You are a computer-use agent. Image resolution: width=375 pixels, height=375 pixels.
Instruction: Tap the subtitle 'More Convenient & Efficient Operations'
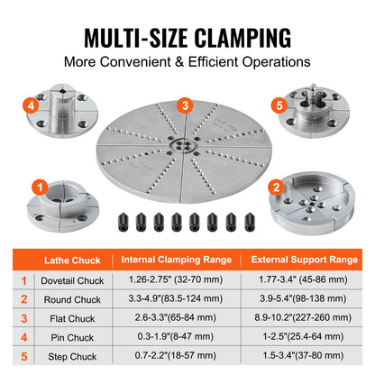(x=187, y=64)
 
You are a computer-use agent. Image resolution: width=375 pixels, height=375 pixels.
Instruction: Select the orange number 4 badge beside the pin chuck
(x=32, y=105)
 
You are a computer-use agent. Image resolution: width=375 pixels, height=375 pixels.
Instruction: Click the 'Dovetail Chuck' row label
(x=73, y=280)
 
